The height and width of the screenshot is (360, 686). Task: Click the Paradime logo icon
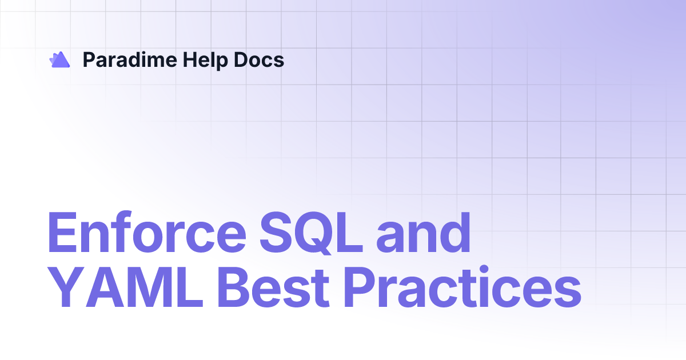pos(59,59)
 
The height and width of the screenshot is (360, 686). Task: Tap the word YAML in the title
pos(125,290)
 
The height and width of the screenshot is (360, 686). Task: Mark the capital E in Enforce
pos(61,235)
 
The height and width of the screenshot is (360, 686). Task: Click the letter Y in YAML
pos(63,290)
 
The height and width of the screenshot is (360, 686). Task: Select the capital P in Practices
pos(362,290)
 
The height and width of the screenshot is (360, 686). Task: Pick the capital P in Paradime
pos(89,59)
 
